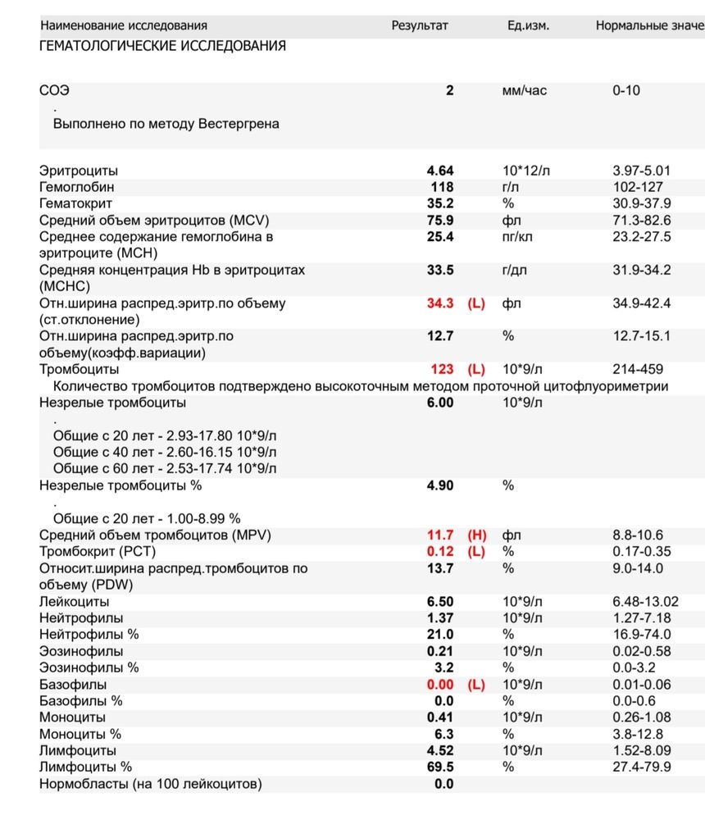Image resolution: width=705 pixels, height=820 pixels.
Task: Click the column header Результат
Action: click(x=420, y=25)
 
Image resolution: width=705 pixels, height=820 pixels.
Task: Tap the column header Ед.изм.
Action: click(x=529, y=25)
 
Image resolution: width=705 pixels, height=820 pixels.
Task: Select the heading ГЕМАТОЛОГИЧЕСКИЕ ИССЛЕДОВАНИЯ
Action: click(x=162, y=46)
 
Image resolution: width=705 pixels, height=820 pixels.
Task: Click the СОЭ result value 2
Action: click(x=449, y=90)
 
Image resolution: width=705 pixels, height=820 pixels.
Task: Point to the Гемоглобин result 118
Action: click(x=442, y=187)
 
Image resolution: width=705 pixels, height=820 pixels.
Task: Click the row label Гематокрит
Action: click(x=76, y=203)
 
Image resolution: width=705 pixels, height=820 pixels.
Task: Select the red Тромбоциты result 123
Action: click(x=442, y=370)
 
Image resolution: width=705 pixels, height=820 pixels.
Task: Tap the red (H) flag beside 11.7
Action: click(x=476, y=535)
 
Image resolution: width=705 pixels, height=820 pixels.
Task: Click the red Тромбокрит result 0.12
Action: click(x=440, y=552)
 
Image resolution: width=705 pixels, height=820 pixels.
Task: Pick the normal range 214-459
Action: click(x=638, y=370)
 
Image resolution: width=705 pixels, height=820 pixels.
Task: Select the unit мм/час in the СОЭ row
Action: click(x=524, y=90)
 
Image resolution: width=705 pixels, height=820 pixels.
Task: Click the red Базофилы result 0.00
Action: click(x=440, y=685)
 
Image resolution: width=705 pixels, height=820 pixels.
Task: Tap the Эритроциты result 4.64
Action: click(x=440, y=171)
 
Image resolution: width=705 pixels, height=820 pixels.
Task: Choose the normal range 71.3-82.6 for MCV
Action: click(x=642, y=221)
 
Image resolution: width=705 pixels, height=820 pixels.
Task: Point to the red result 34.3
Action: click(x=440, y=303)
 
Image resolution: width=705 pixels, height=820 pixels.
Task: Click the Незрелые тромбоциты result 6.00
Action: click(x=440, y=403)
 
